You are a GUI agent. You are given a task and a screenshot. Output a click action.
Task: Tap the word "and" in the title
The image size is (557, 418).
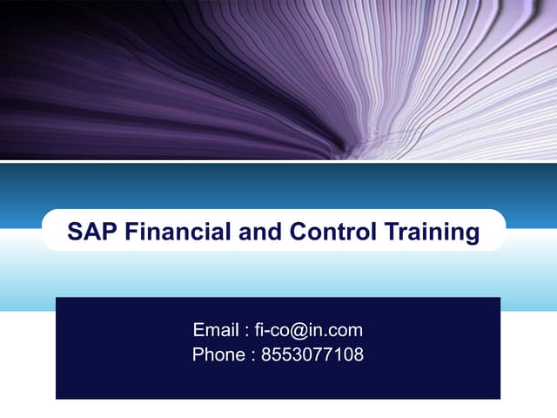[x=258, y=232]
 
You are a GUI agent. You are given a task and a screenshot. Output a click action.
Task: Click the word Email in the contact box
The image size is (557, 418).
[x=214, y=330]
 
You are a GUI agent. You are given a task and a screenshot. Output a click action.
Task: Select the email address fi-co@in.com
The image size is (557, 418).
[x=309, y=330]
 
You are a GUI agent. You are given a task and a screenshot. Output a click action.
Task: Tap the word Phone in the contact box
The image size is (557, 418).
[x=218, y=354]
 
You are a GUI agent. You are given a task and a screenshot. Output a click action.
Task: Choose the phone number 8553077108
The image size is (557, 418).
[x=312, y=354]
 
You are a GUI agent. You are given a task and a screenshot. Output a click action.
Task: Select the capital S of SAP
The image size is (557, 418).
[x=76, y=232]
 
